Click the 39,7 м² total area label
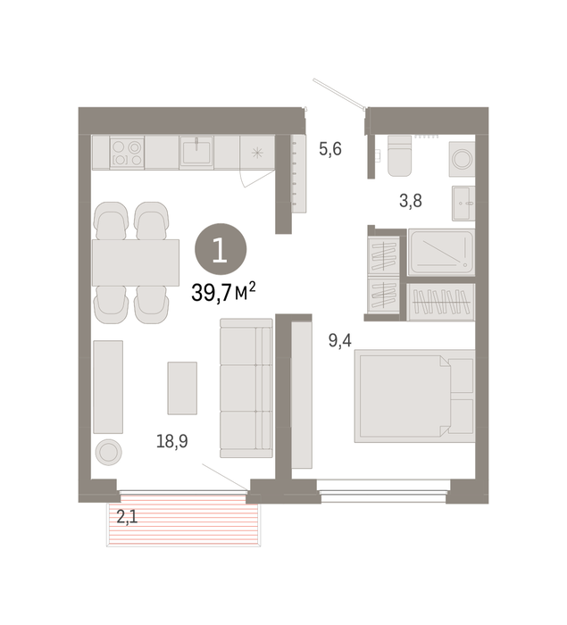coord(223,293)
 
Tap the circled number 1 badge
coord(221,249)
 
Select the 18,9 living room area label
coord(171,442)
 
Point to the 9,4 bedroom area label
coord(339,341)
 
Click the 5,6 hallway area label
coord(330,149)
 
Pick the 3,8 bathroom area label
coord(411,201)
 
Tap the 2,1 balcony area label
coord(127,517)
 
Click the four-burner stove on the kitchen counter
coord(127,153)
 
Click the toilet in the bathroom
coord(399,155)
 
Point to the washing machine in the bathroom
coord(463,159)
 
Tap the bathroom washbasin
coord(463,203)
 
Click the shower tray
coord(441,252)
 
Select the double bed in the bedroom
coord(414,396)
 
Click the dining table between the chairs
coord(136,262)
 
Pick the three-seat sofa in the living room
coord(246,387)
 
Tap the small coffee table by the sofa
coord(182,388)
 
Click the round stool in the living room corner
coord(108,452)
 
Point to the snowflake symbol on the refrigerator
coord(257,153)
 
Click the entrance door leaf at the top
coord(339,93)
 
